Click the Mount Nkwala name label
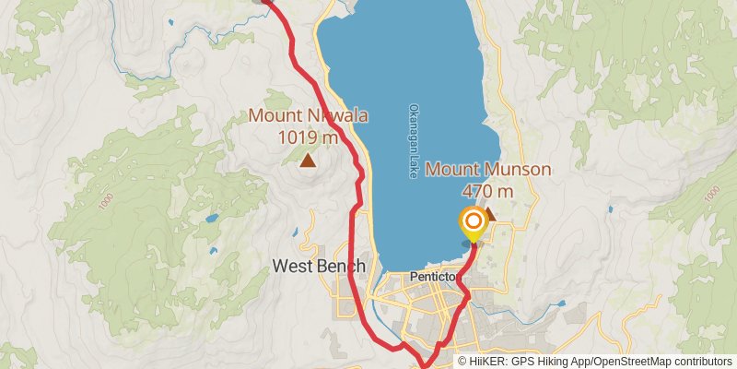(309, 116)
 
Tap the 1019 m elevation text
(309, 137)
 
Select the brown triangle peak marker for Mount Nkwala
(308, 161)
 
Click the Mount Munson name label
(488, 170)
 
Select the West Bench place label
(319, 267)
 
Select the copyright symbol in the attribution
(463, 362)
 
